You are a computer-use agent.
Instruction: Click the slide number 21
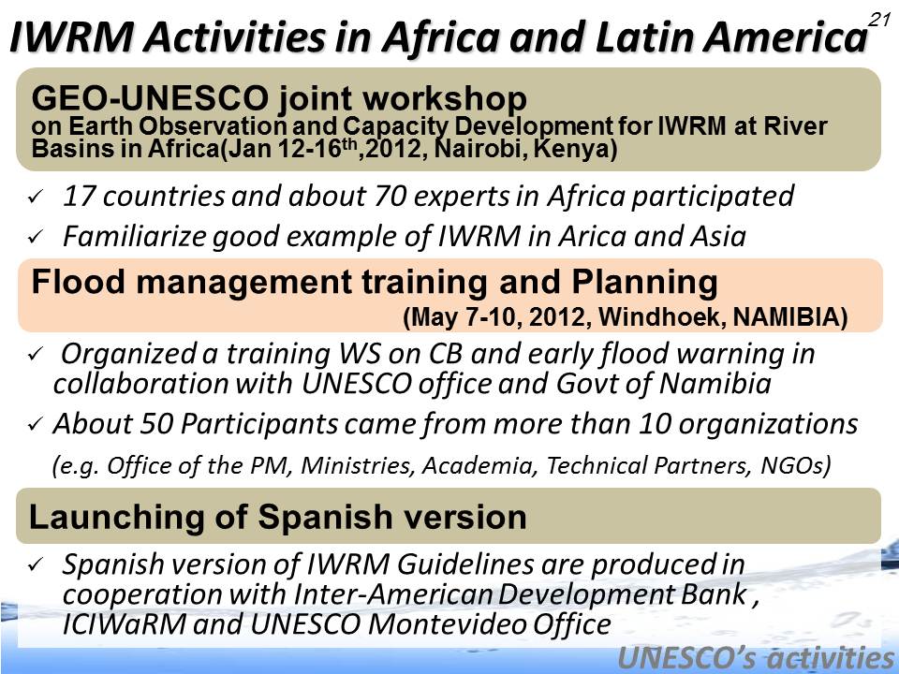point(878,20)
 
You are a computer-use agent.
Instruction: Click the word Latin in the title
point(645,37)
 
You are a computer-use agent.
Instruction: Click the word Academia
point(480,465)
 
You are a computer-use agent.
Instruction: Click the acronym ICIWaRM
point(124,624)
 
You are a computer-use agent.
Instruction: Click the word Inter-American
point(393,593)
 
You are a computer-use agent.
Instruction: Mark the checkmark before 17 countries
point(35,198)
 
